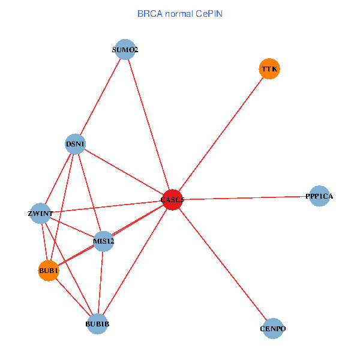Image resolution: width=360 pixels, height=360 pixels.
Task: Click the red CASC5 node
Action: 172,200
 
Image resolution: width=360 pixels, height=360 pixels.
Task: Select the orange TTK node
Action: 269,69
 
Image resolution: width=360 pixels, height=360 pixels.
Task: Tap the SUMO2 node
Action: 125,50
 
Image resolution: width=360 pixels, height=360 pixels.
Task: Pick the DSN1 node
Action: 75,144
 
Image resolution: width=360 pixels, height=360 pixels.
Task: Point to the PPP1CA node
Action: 319,196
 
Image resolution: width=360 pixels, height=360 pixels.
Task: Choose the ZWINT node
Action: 40,214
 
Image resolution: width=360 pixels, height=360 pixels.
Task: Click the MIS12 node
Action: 103,241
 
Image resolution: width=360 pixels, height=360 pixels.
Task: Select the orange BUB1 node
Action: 48,271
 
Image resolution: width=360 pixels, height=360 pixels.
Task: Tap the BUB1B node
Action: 97,325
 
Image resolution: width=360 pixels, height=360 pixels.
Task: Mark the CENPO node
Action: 273,329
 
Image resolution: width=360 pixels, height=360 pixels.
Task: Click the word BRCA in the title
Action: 149,13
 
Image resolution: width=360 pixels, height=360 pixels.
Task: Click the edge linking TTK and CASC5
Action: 221,134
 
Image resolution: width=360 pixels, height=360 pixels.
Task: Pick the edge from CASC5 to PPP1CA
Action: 246,198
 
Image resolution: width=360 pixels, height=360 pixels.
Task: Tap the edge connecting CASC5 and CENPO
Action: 223,265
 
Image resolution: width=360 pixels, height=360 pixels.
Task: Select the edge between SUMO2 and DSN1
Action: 100,97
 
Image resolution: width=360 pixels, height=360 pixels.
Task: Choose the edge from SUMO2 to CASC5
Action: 148,125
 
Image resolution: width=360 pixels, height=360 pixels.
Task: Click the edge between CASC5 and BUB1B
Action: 135,262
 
